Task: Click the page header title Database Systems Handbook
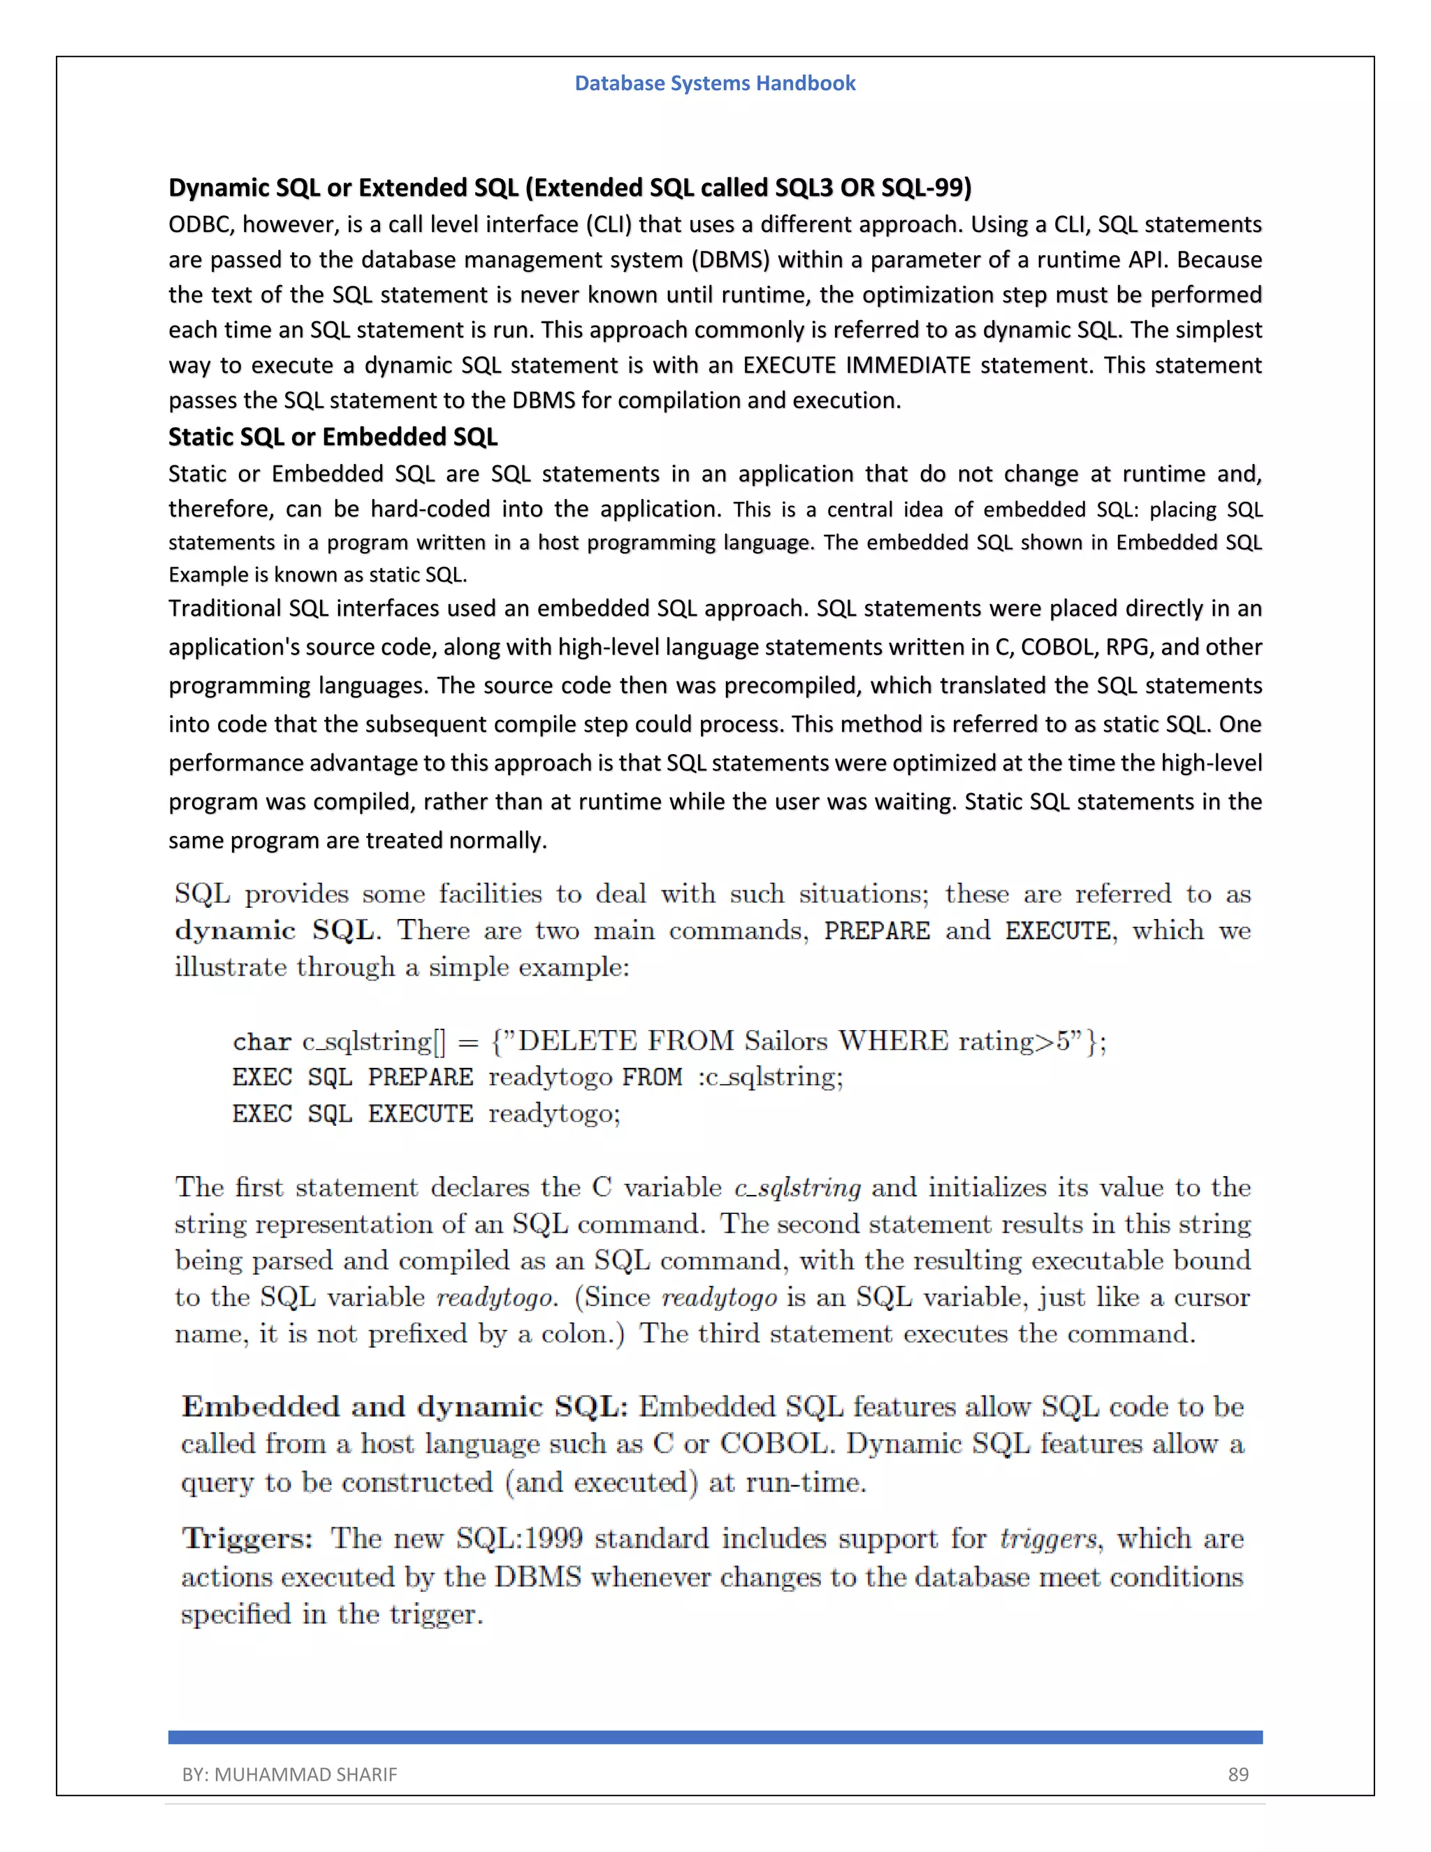point(715,83)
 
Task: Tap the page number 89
point(1237,1774)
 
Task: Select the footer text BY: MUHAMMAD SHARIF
point(289,1774)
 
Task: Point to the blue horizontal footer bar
point(715,1737)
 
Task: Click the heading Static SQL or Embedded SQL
point(333,437)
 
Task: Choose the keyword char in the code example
point(261,1041)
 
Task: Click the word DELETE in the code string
point(576,1041)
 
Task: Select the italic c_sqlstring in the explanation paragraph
point(797,1187)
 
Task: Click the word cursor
point(1212,1297)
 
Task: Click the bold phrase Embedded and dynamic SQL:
point(405,1407)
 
